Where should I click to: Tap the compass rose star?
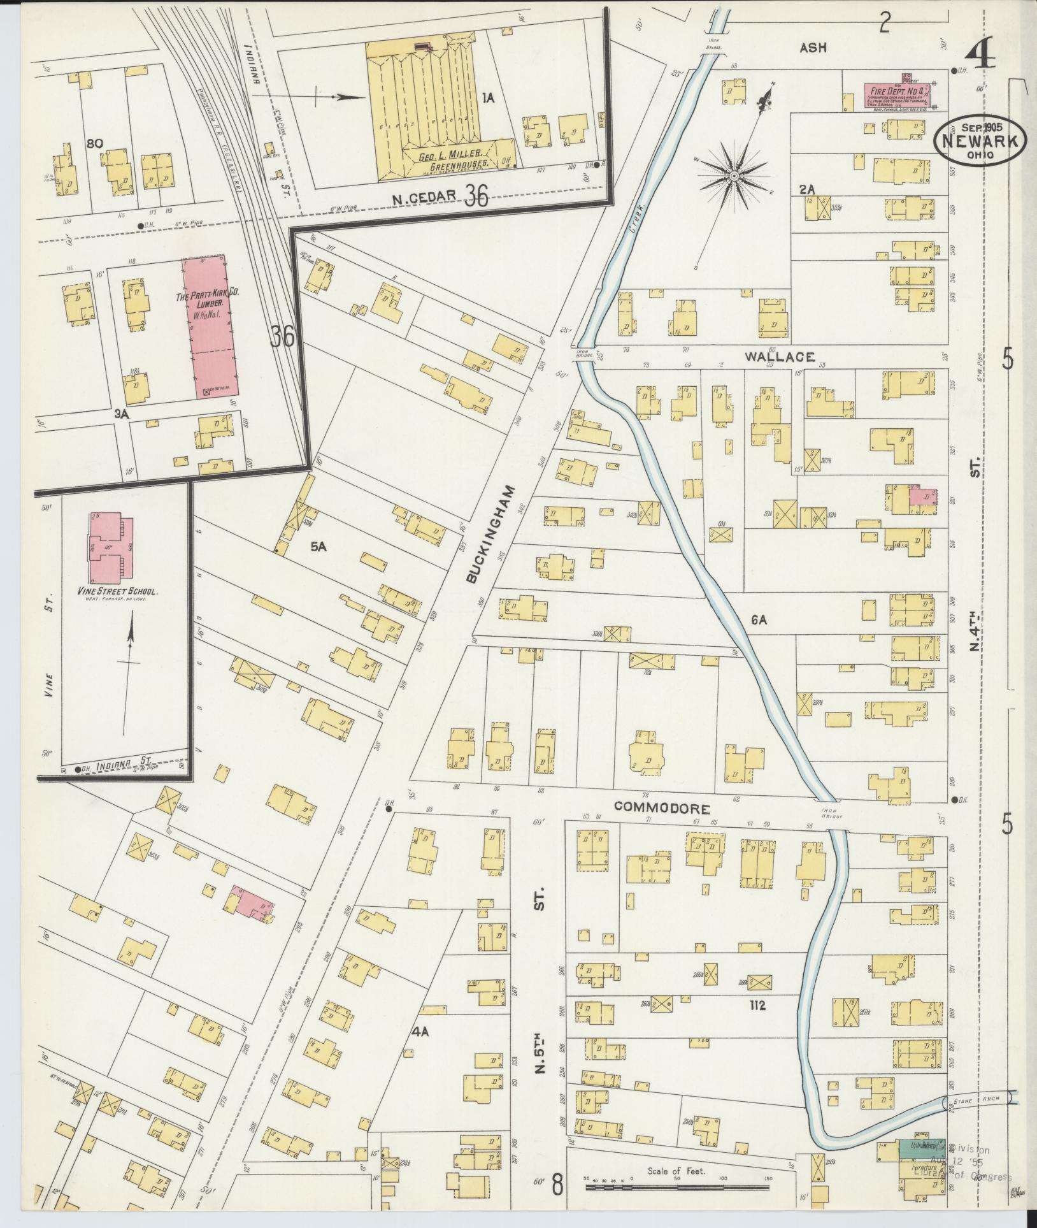click(x=734, y=175)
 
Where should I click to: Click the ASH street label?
click(x=813, y=47)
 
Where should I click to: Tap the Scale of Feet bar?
click(x=677, y=1187)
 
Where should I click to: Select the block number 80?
click(x=96, y=144)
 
